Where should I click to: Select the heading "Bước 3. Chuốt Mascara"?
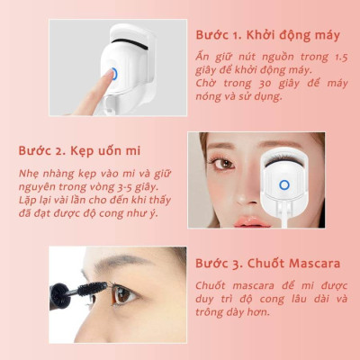[267, 264]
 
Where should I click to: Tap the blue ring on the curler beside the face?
[283, 185]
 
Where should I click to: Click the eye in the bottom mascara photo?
[125, 293]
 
